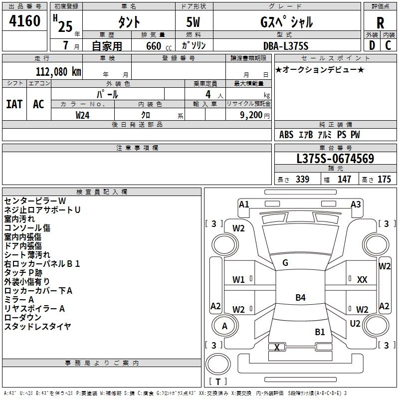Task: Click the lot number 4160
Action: pyautogui.click(x=24, y=21)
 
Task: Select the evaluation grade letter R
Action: pyautogui.click(x=380, y=23)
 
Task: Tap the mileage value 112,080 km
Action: pyautogui.click(x=58, y=72)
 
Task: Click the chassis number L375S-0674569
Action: pyautogui.click(x=335, y=159)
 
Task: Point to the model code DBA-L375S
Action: pyautogui.click(x=286, y=46)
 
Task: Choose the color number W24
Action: pyautogui.click(x=82, y=115)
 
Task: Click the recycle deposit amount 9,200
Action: pyautogui.click(x=251, y=115)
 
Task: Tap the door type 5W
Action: pyautogui.click(x=193, y=22)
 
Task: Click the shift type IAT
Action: pyautogui.click(x=14, y=104)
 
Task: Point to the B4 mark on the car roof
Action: pyautogui.click(x=300, y=297)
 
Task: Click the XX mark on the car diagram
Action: pyautogui.click(x=362, y=280)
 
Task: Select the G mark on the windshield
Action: pyautogui.click(x=285, y=263)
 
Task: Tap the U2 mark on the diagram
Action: pyautogui.click(x=355, y=324)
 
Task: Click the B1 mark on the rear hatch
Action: pyautogui.click(x=320, y=332)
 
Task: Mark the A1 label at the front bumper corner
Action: pyautogui.click(x=244, y=204)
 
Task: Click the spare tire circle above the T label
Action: pyautogui.click(x=218, y=364)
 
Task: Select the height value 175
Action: pyautogui.click(x=384, y=179)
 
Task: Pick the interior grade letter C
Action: pyautogui.click(x=388, y=45)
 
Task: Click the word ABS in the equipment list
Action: pyautogui.click(x=286, y=135)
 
